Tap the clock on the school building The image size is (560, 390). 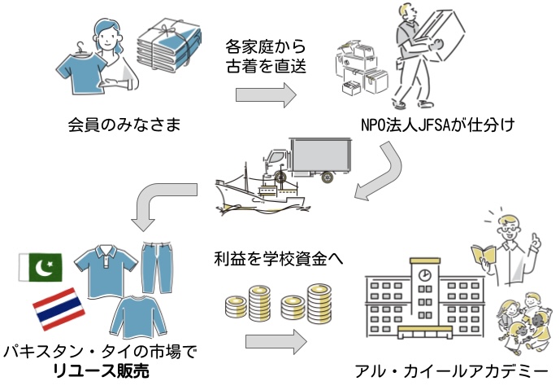click(424, 275)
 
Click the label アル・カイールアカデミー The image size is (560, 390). click(452, 373)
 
